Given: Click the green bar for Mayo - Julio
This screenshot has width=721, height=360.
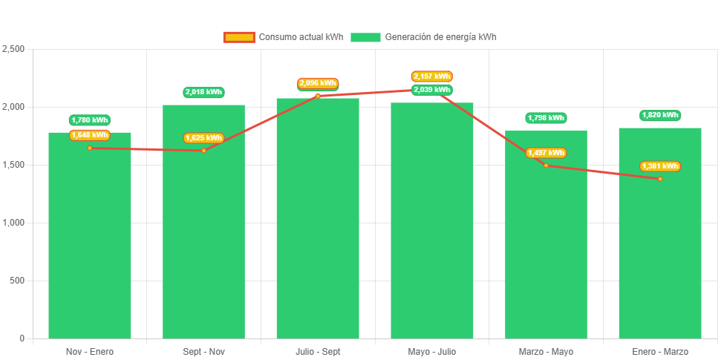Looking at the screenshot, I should coord(432,223).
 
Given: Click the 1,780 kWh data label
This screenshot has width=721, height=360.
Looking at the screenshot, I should coord(90,120).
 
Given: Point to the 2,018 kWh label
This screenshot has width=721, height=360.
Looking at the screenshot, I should coord(203,92).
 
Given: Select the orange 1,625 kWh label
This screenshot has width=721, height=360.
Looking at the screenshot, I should coord(203,138).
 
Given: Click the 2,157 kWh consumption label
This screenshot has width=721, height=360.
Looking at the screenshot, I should coord(432,76).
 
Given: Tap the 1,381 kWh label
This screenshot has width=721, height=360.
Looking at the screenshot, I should coord(660,166).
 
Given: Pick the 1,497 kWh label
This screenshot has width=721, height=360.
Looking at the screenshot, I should coord(546,153).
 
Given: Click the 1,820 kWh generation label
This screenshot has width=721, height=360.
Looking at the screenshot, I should coord(660,115).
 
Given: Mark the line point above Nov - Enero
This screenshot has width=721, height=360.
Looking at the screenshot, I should coord(90,148).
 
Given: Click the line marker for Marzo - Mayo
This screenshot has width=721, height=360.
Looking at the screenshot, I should coord(546,165).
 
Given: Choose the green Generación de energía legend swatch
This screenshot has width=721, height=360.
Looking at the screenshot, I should coord(365,37).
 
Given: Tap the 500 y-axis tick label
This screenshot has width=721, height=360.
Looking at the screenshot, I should coord(16,281).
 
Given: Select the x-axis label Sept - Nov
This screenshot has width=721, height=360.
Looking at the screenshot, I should coord(203,351).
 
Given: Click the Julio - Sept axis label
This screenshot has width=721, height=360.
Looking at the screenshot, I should coord(318,351).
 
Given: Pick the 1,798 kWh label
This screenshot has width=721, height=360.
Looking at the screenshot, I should coord(546,118).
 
